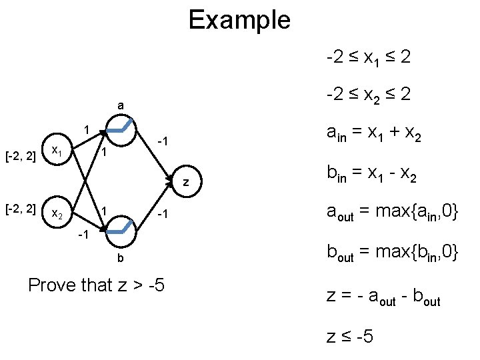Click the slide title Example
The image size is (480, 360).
[239, 19]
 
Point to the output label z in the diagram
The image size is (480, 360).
[187, 182]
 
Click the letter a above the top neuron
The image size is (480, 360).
[120, 105]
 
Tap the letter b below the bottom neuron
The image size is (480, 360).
[121, 258]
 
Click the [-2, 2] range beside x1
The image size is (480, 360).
[20, 155]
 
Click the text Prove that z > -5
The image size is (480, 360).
[97, 285]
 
